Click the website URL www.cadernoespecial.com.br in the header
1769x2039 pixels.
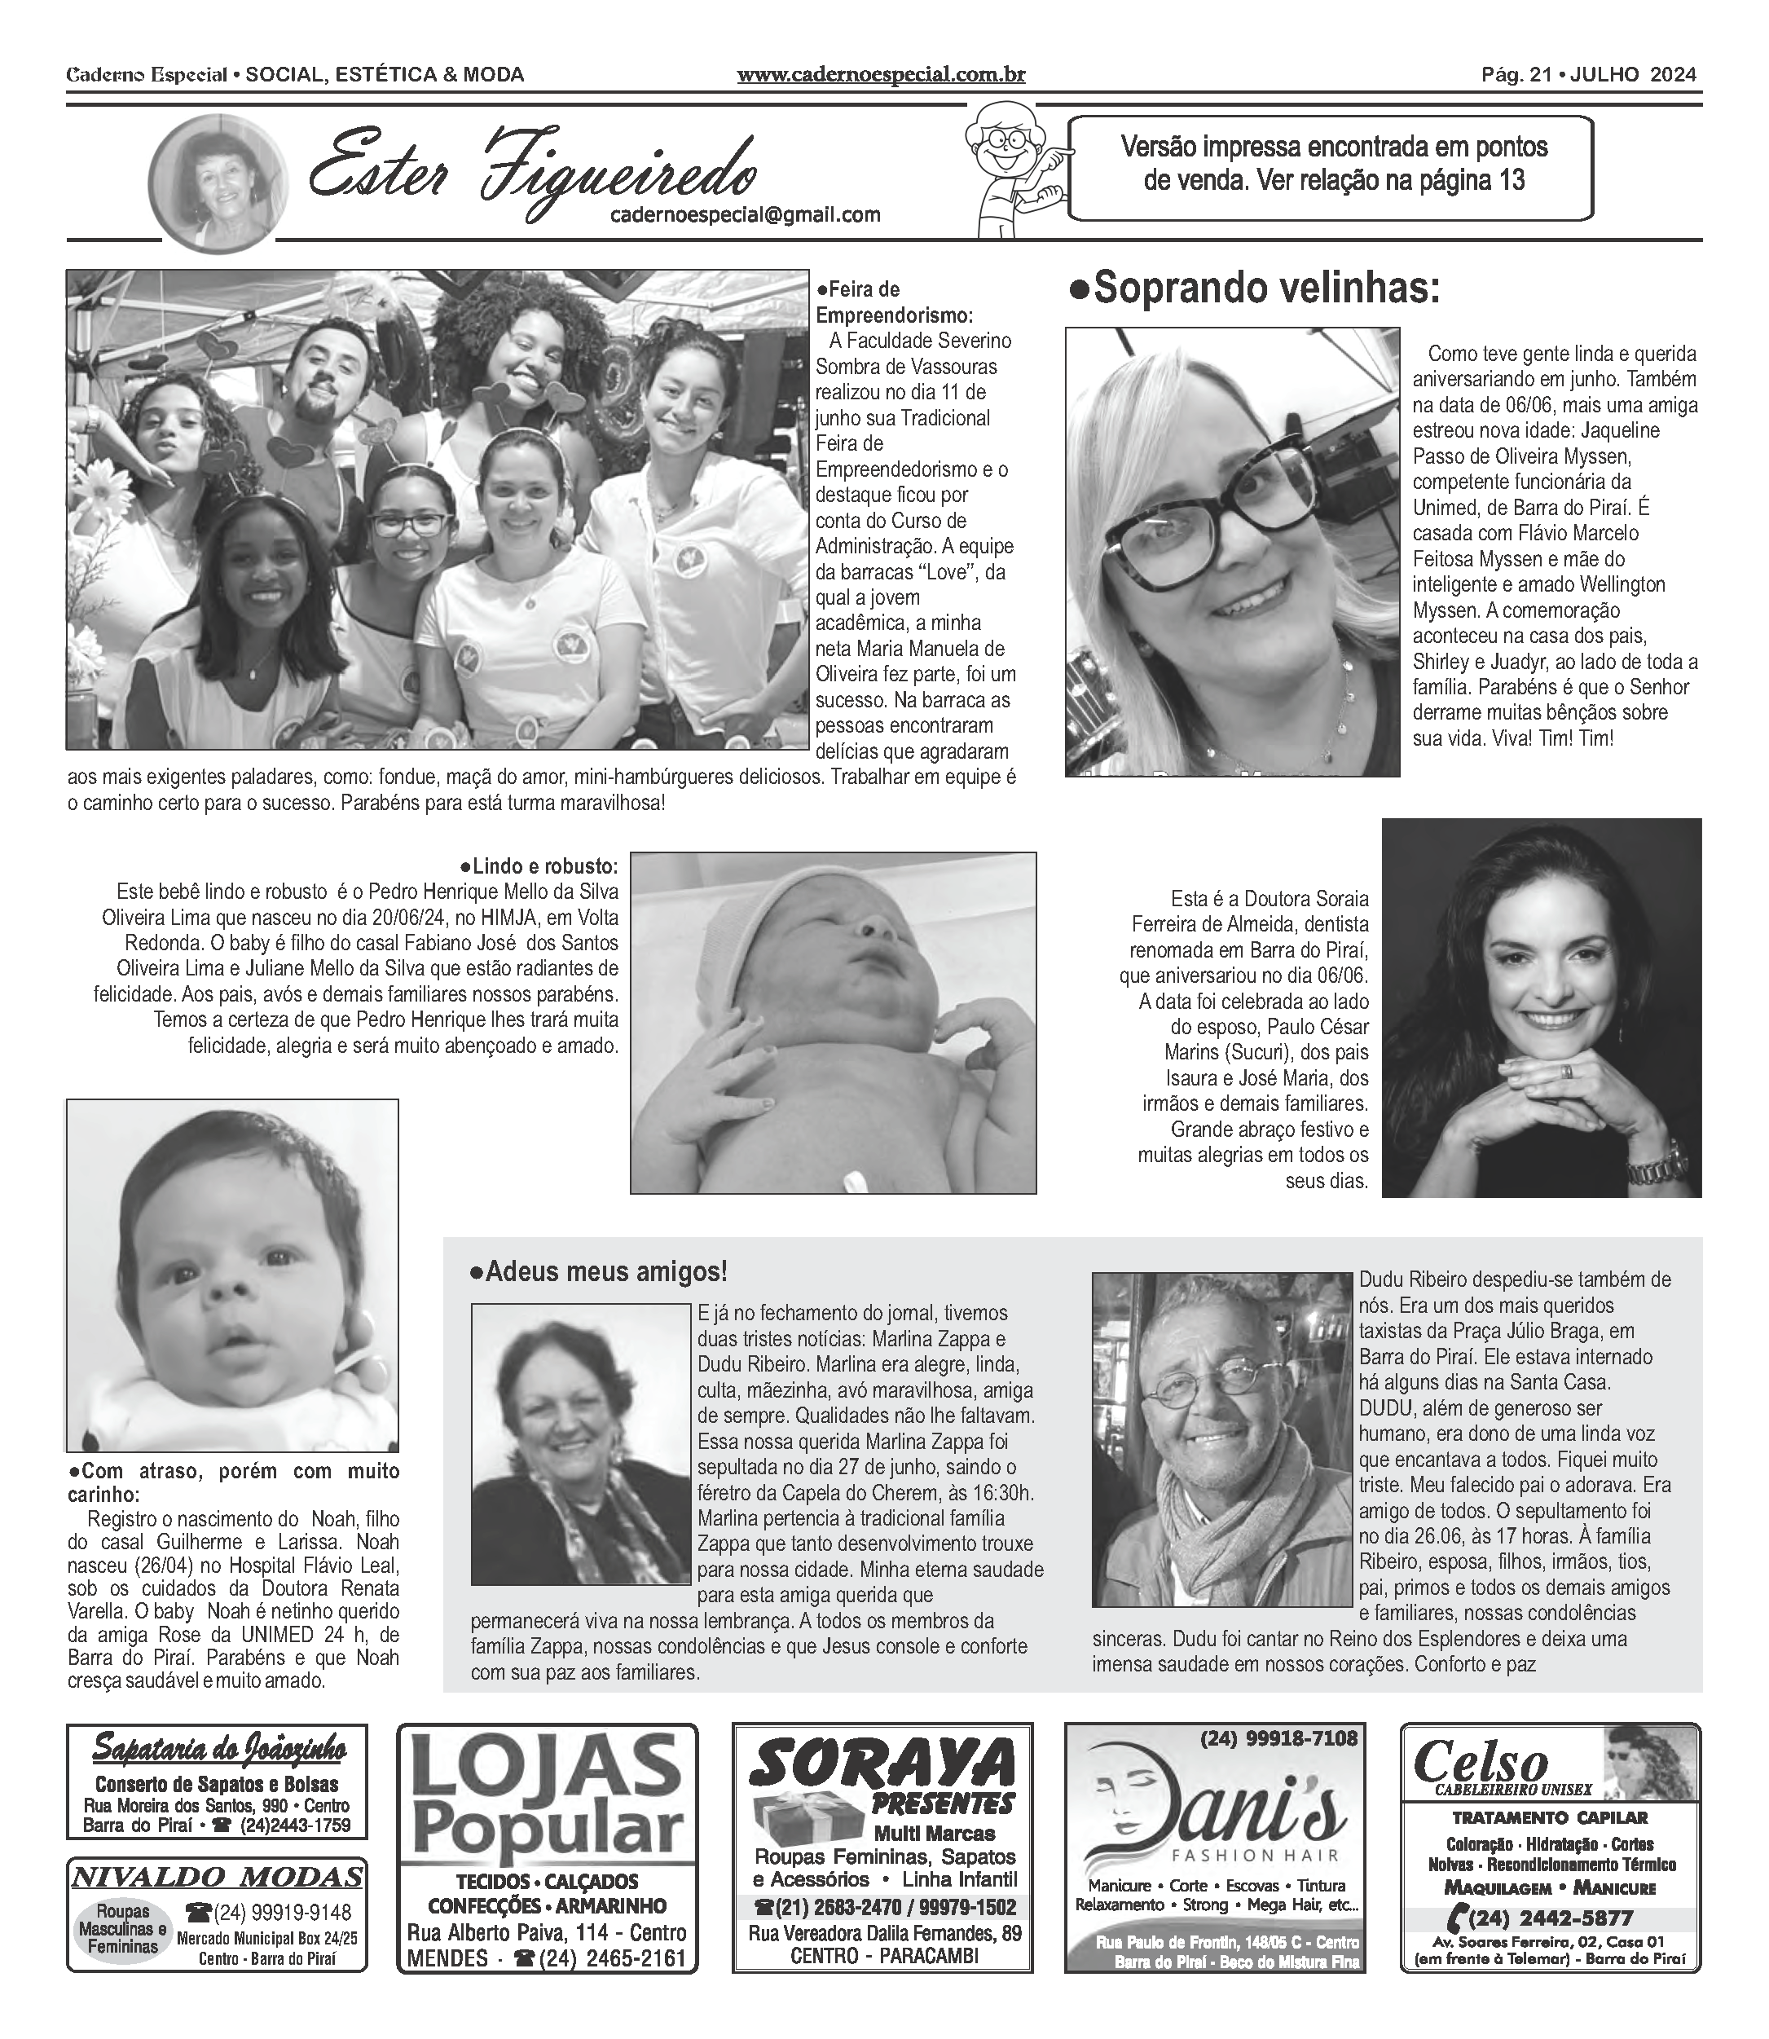(x=881, y=75)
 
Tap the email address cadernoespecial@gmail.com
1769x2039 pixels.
(x=746, y=214)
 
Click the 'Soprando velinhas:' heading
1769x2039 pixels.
(x=1255, y=289)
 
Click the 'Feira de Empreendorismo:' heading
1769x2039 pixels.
(x=893, y=302)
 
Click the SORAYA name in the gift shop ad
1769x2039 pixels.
(x=882, y=1764)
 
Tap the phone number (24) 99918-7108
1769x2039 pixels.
(x=1278, y=1737)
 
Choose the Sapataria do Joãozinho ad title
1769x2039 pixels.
(x=218, y=1751)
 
